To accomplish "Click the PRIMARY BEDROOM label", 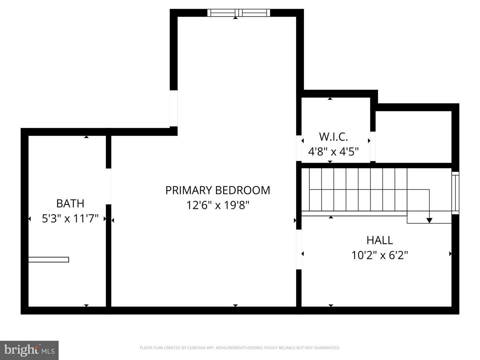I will pyautogui.click(x=218, y=190).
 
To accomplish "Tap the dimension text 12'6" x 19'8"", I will pyautogui.click(x=218, y=205).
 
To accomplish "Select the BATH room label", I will pyautogui.click(x=70, y=203).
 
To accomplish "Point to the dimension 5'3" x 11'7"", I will pyautogui.click(x=70, y=219).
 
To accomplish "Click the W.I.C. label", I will pyautogui.click(x=333, y=137).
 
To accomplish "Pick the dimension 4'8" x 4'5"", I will pyautogui.click(x=333, y=152).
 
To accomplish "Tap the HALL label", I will pyautogui.click(x=380, y=240).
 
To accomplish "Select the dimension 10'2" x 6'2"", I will pyautogui.click(x=380, y=255).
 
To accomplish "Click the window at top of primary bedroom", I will pyautogui.click(x=239, y=13).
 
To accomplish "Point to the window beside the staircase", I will pyautogui.click(x=455, y=193).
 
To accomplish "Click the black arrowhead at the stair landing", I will pyautogui.click(x=429, y=220).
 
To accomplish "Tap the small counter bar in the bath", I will pyautogui.click(x=49, y=260).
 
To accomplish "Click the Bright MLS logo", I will pyautogui.click(x=29, y=350).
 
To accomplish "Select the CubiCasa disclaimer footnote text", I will pyautogui.click(x=240, y=348).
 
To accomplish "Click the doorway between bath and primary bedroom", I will pyautogui.click(x=108, y=186).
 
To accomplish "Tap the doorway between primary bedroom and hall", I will pyautogui.click(x=299, y=250).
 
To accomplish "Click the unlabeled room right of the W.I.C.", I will pyautogui.click(x=413, y=137).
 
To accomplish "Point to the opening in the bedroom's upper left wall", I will pyautogui.click(x=174, y=108).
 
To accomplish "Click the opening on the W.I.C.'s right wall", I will pyautogui.click(x=373, y=146).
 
